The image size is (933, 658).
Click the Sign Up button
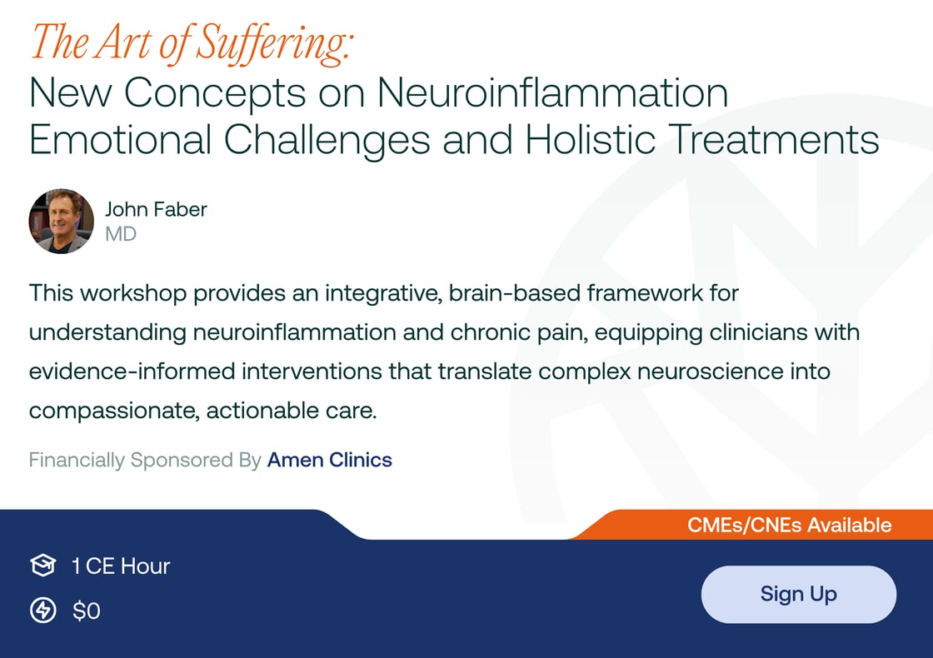[798, 594]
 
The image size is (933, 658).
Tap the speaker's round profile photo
[61, 222]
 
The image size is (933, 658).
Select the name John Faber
[156, 209]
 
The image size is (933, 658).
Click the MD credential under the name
[121, 234]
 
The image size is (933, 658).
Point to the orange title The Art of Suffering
[190, 43]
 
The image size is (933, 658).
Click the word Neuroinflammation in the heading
[552, 93]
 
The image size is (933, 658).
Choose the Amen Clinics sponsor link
[329, 460]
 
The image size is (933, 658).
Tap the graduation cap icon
[42, 566]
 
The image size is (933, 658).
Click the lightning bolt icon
[42, 611]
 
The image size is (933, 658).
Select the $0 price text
[87, 611]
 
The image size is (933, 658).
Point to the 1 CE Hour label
[121, 566]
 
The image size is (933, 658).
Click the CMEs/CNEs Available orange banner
[789, 526]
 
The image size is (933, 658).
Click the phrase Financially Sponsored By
[145, 460]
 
